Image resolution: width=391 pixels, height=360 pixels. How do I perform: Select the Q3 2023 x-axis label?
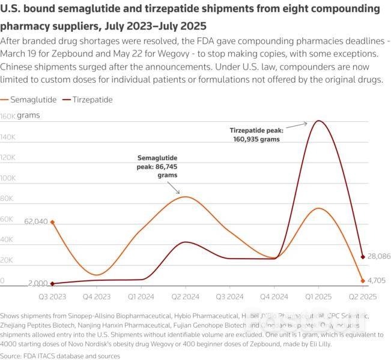point(53,297)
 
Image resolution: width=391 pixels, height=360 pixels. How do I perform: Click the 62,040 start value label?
point(35,221)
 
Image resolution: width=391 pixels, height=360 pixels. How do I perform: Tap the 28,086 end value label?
point(379,256)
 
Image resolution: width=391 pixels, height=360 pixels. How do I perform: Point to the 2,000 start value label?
point(38,283)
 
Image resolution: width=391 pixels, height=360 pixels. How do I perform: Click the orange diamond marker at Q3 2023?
point(53,222)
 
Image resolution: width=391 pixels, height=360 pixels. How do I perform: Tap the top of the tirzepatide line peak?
point(318,121)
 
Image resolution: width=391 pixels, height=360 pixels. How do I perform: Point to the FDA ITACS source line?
point(60,356)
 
